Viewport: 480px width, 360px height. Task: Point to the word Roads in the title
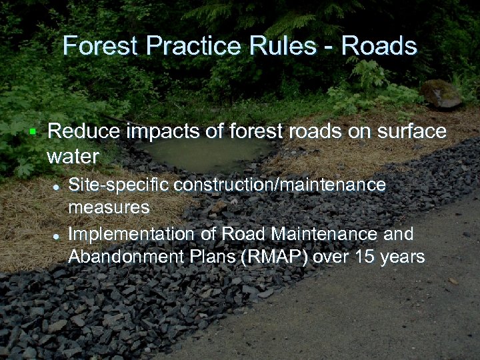pos(379,47)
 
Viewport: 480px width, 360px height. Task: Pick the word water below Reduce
pos(73,157)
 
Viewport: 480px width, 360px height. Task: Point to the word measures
pos(109,207)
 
